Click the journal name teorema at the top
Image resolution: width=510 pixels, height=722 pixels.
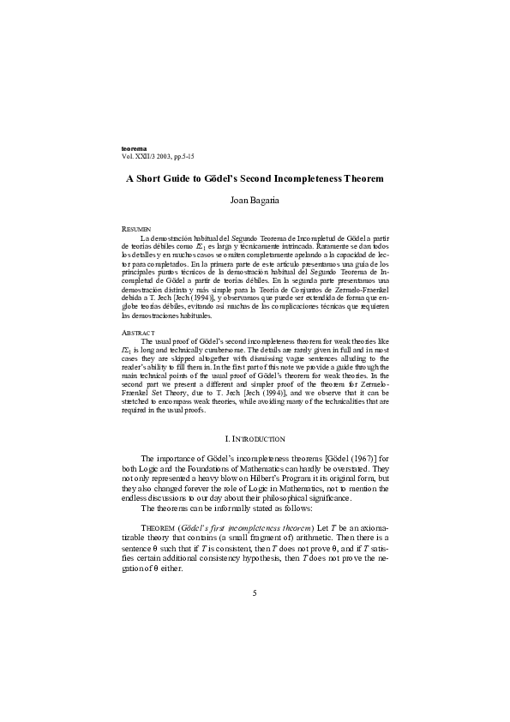(x=135, y=149)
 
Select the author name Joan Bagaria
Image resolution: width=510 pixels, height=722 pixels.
(x=255, y=201)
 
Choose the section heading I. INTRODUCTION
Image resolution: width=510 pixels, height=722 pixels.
(x=255, y=439)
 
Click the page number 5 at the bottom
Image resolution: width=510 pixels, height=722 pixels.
(x=255, y=594)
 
